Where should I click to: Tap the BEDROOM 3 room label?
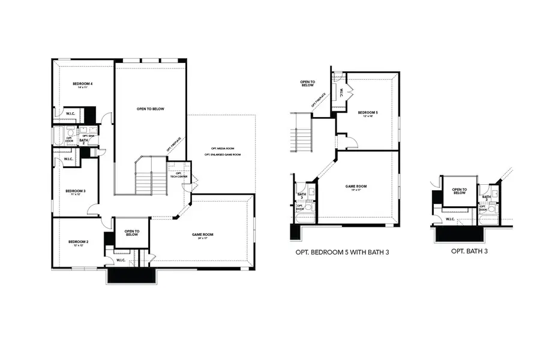point(76,191)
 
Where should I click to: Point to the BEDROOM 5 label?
point(368,112)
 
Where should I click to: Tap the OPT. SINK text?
point(88,136)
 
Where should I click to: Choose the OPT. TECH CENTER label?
point(179,175)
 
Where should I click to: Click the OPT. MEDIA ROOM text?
point(222,148)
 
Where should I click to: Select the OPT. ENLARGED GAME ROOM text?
point(222,155)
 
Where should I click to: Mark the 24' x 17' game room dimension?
point(203,239)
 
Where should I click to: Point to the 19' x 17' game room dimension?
point(356,191)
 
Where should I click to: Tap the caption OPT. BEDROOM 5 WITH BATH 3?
point(343,252)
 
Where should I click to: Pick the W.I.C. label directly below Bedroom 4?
point(70,113)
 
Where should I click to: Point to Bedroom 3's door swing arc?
point(94,209)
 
